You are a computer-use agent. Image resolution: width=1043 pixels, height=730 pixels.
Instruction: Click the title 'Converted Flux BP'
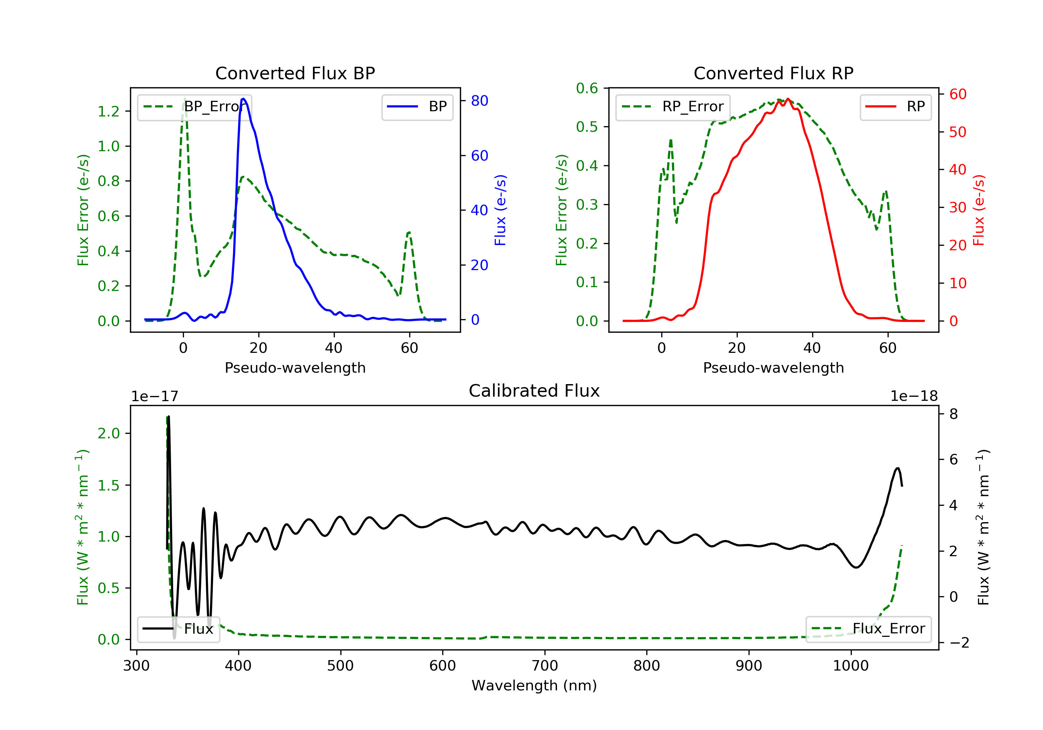(x=295, y=73)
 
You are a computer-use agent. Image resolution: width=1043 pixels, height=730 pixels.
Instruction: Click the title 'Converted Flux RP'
(x=773, y=73)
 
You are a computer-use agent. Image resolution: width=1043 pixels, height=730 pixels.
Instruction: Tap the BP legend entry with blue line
(x=418, y=107)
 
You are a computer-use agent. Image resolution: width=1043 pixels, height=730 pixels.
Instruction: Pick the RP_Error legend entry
(x=673, y=107)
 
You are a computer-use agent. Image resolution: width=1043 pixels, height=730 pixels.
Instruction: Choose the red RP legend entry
(x=895, y=107)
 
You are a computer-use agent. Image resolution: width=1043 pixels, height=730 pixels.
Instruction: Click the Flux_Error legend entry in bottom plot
(x=868, y=629)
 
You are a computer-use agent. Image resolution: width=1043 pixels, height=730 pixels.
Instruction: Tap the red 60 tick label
(x=957, y=95)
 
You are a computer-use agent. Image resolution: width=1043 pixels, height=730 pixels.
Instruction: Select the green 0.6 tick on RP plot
(x=587, y=88)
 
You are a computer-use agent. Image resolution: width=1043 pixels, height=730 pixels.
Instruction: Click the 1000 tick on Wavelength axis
(x=850, y=666)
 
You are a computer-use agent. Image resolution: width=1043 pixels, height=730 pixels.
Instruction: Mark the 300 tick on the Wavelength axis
(x=136, y=666)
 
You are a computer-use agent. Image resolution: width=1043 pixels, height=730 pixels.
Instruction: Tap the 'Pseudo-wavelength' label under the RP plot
(x=773, y=367)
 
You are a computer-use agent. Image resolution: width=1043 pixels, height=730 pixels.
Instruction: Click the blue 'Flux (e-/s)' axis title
(x=500, y=210)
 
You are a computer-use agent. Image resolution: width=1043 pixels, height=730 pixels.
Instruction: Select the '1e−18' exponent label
(x=914, y=396)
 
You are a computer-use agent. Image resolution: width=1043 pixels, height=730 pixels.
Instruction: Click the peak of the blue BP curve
(x=243, y=99)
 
